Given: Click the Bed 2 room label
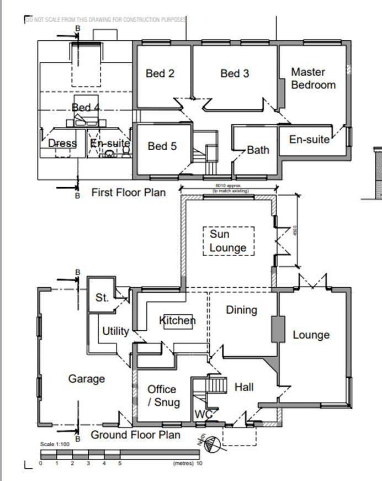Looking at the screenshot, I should pyautogui.click(x=160, y=73).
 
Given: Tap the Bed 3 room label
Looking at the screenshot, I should pyautogui.click(x=235, y=73).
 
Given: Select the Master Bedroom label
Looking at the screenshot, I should pyautogui.click(x=313, y=78).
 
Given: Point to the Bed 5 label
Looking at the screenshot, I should pyautogui.click(x=162, y=146).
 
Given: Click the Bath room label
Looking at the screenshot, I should pyautogui.click(x=258, y=150).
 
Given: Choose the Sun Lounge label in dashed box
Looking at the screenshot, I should pyautogui.click(x=228, y=241).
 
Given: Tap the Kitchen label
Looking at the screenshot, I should pyautogui.click(x=177, y=321).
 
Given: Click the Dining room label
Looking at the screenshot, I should pyautogui.click(x=241, y=310).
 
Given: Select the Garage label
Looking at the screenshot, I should pyautogui.click(x=87, y=379).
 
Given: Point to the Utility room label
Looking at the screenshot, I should pyautogui.click(x=115, y=331).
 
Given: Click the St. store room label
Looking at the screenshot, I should pyautogui.click(x=102, y=298).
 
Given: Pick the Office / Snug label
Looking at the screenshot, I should pyautogui.click(x=163, y=396).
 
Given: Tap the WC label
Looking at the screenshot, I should pyautogui.click(x=202, y=414).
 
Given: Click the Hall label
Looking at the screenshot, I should pyautogui.click(x=244, y=387).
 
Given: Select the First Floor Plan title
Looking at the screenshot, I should pyautogui.click(x=128, y=193).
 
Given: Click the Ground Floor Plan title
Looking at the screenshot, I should pyautogui.click(x=135, y=435).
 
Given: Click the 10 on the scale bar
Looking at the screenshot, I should pyautogui.click(x=199, y=463).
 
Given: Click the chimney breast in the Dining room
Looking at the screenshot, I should pyautogui.click(x=275, y=330).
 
